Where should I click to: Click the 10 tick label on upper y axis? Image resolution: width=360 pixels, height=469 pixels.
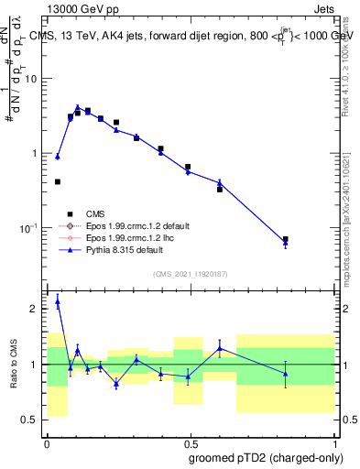pos(31,79)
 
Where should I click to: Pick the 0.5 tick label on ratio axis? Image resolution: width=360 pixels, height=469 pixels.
pos(30,420)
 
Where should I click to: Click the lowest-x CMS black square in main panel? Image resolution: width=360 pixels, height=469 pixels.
pos(58,182)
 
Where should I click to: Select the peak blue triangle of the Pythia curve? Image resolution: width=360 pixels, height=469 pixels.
pos(78,107)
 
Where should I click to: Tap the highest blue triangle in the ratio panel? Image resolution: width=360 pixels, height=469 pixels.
pos(58,300)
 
